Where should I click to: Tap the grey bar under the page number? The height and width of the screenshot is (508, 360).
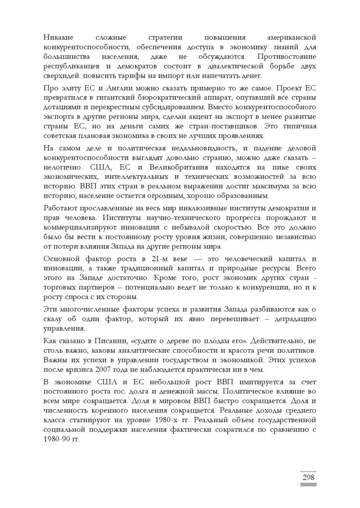(308, 485)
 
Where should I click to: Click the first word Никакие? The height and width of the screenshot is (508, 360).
(58, 37)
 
